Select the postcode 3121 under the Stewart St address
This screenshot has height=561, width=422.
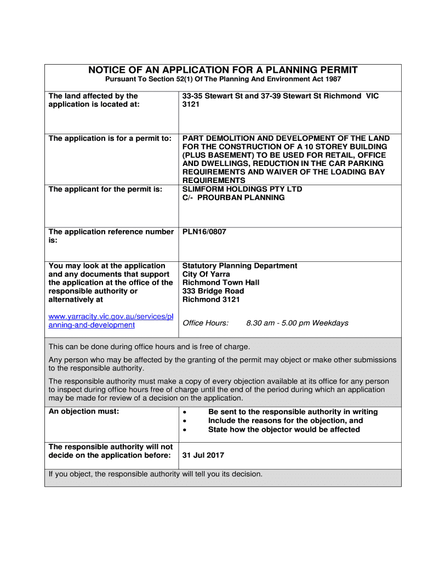pyautogui.click(x=191, y=104)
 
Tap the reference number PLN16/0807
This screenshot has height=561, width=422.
pyautogui.click(x=204, y=232)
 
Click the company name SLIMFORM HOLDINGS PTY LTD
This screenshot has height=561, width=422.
pyautogui.click(x=242, y=189)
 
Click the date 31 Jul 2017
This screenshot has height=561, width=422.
pyautogui.click(x=203, y=455)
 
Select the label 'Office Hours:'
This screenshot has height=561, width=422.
pyautogui.click(x=206, y=323)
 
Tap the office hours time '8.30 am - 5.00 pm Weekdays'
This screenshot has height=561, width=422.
pyautogui.click(x=297, y=323)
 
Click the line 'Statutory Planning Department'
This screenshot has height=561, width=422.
pyautogui.click(x=239, y=266)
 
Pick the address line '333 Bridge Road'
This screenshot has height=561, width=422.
pyautogui.click(x=213, y=291)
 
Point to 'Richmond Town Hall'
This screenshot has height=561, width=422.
pyautogui.click(x=221, y=283)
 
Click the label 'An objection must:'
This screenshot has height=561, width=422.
pyautogui.click(x=84, y=411)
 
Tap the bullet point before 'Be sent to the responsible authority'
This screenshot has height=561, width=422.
pyautogui.click(x=185, y=412)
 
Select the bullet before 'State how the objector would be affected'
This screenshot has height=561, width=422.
pyautogui.click(x=185, y=430)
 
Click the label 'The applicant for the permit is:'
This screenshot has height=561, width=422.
pyautogui.click(x=105, y=189)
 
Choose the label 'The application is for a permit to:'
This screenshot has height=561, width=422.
pyautogui.click(x=110, y=138)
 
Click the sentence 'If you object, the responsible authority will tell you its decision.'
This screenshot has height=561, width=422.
pyautogui.click(x=156, y=474)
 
